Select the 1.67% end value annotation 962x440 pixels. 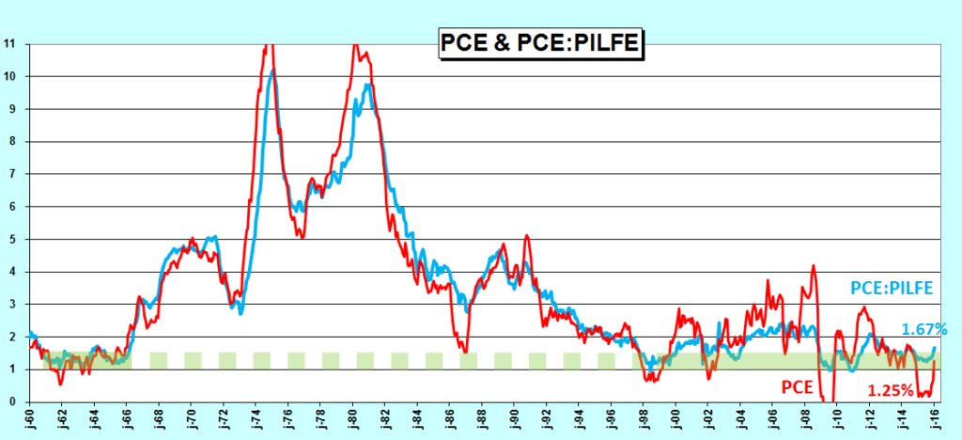coord(924,329)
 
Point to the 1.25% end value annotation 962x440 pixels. coord(890,389)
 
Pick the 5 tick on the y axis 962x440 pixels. coord(11,239)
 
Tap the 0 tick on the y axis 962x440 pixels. coord(11,401)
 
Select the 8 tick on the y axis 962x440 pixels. coord(11,141)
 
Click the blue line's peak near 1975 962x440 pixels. coord(272,71)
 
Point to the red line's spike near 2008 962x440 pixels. coord(813,265)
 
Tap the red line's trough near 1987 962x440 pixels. coord(464,350)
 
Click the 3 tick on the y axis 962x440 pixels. coord(11,304)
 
